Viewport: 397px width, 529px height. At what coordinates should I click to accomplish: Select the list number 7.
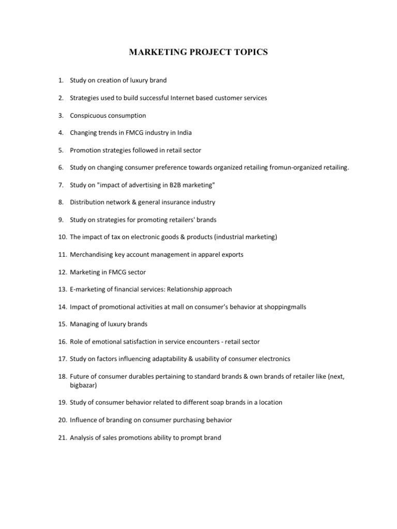pos(60,185)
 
